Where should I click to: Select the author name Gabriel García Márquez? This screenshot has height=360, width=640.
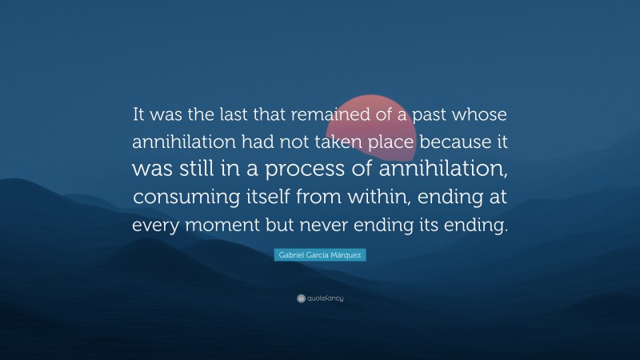pyautogui.click(x=320, y=254)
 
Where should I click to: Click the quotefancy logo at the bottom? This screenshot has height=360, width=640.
pyautogui.click(x=320, y=298)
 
